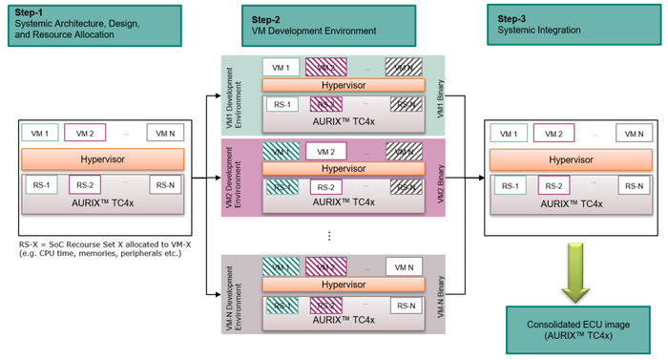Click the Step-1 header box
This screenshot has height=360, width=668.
(89, 24)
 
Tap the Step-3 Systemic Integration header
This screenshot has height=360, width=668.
(556, 24)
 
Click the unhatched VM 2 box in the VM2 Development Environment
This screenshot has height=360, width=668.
(326, 152)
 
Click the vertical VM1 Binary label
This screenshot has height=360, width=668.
(453, 95)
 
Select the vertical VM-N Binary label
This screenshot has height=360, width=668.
(453, 293)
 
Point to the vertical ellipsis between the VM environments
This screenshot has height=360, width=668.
(329, 234)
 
